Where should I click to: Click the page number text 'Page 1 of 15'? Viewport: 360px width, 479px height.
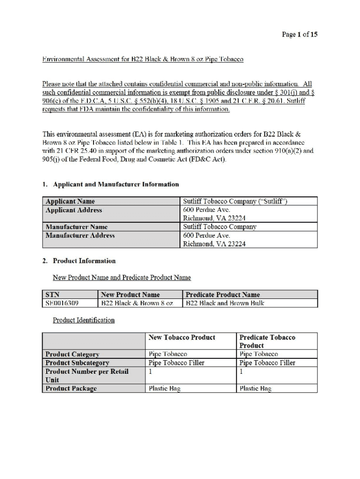(299, 35)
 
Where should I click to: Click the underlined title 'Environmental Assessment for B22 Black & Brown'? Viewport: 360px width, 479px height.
(143, 59)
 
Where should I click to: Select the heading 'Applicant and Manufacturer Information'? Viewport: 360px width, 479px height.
(115, 184)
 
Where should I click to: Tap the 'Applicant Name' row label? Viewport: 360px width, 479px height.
(70, 202)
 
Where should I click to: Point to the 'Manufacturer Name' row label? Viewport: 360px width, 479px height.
(77, 227)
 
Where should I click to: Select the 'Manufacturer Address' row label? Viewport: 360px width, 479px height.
(80, 235)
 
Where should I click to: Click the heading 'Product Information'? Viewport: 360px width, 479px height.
(84, 261)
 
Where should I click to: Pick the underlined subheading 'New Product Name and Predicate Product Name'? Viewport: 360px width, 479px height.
(122, 277)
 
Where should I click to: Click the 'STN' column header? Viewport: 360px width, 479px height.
(52, 295)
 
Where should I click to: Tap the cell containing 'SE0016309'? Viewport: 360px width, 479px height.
(62, 303)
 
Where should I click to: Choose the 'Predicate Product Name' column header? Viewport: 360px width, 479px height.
(223, 295)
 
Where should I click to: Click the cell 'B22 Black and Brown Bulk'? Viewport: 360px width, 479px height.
(225, 303)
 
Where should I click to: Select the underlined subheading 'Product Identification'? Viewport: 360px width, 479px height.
(84, 320)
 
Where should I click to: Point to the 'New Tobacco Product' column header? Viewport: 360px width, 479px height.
(182, 337)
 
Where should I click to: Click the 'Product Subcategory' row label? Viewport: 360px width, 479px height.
(77, 363)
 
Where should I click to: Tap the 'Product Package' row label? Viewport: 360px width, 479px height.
(71, 388)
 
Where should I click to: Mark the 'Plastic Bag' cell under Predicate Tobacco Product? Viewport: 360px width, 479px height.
(255, 388)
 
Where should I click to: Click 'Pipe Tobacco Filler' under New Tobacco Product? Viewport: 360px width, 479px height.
(176, 363)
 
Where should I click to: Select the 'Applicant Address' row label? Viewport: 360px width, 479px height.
(73, 210)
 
